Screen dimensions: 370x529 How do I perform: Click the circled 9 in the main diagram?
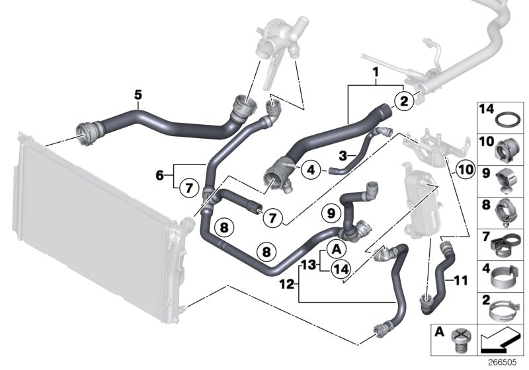pos(329,213)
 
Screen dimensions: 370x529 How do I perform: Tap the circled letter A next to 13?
pos(335,249)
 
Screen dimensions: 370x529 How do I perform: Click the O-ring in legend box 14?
pos(507,122)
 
